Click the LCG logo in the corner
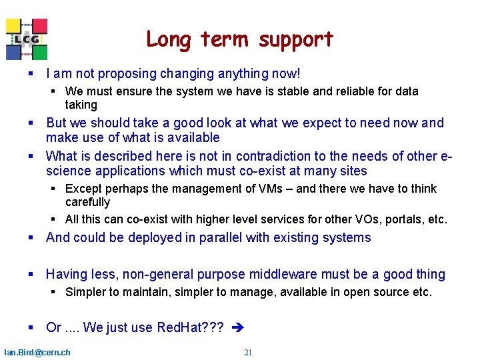tap(27, 39)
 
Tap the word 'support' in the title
tap(296, 41)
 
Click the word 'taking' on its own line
tap(81, 105)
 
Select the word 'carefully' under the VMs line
tap(87, 202)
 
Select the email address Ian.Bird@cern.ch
tap(37, 352)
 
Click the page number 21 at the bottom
tap(248, 352)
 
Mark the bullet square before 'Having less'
tap(31, 275)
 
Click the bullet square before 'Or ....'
tap(31, 328)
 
